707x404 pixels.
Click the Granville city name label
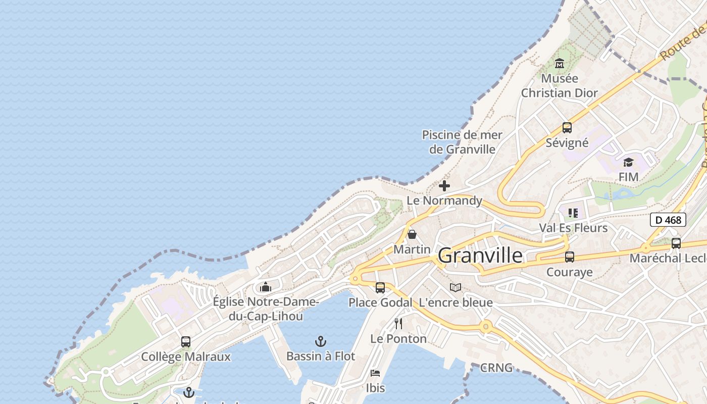[x=480, y=256]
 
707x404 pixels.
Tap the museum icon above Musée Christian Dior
[x=559, y=64]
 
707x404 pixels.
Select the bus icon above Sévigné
[x=567, y=128]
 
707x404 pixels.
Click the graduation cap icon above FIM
[x=628, y=162]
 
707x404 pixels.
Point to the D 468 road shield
[x=668, y=220]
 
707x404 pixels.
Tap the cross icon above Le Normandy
[x=444, y=186]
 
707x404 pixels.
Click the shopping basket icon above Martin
[x=412, y=234]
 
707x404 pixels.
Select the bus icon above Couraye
[x=570, y=257]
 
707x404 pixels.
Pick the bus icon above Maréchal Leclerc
[x=676, y=243]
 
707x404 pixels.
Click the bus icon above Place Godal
[x=380, y=288]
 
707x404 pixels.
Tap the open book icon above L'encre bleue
[x=456, y=288]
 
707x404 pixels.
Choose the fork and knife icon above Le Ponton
[x=398, y=324]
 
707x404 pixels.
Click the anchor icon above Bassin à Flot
[x=320, y=341]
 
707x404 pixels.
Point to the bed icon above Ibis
[x=375, y=373]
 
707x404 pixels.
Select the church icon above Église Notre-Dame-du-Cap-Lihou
[x=266, y=287]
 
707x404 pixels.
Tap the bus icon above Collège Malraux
[x=186, y=342]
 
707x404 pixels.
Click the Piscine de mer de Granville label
[x=462, y=142]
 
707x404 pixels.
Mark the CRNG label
[x=496, y=368]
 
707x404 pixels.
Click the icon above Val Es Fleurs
[x=573, y=213]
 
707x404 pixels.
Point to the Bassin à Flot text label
[x=321, y=356]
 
